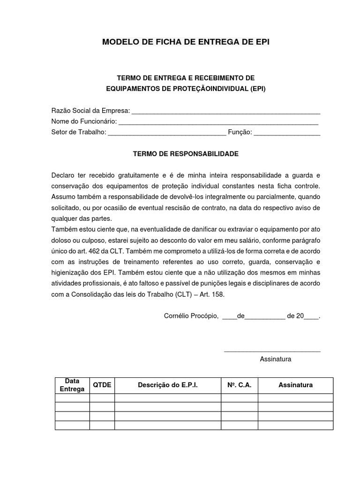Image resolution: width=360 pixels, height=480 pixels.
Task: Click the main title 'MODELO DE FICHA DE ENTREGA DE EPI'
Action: pos(186,43)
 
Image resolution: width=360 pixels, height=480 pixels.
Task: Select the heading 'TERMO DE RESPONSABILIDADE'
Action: pos(186,154)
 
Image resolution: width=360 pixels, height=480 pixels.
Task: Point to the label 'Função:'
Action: pos(240,132)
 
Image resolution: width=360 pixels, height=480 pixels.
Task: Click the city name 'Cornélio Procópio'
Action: pos(191,316)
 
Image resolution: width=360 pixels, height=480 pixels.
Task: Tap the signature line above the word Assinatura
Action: pos(272,351)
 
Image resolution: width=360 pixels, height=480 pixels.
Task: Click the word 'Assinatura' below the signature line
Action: pos(276,359)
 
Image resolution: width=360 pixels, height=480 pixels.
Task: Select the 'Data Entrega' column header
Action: pos(72,385)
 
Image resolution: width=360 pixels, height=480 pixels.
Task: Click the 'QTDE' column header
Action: pos(102,385)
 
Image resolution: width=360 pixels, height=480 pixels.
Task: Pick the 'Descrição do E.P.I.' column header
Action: pos(168,385)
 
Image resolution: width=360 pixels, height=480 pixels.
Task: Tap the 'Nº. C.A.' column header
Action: pos(240,385)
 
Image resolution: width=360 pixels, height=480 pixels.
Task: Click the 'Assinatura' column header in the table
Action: pos(295,385)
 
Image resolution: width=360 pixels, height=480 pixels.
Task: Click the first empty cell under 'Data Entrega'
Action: pos(72,398)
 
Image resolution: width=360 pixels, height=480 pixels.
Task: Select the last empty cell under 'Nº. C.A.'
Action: pos(240,425)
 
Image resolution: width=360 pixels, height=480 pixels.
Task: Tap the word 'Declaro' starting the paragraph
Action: pos(63,176)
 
